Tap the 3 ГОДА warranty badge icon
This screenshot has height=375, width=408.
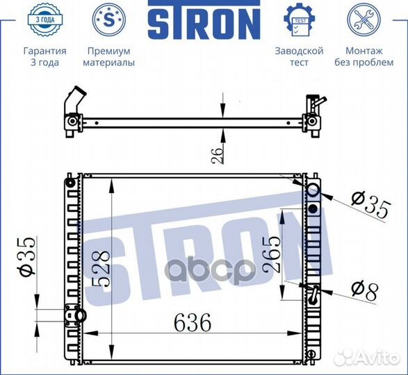[x=45, y=20]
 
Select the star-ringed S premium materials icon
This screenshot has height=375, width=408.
[x=109, y=19]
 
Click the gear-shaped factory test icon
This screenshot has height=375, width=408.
[x=300, y=20]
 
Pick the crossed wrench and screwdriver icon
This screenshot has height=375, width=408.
[x=364, y=19]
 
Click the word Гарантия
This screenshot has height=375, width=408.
[x=45, y=51]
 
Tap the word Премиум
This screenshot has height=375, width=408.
[x=108, y=51]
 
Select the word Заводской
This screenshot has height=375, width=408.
[x=300, y=51]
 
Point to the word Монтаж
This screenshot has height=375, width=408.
[x=364, y=51]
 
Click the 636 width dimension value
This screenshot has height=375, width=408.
[x=193, y=322]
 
